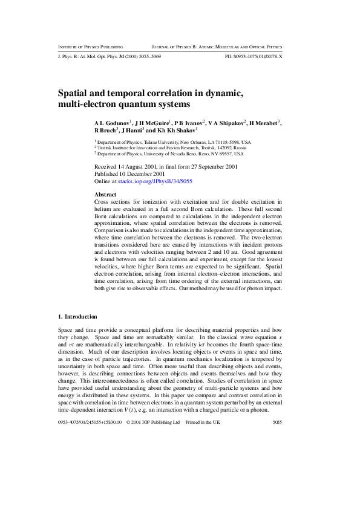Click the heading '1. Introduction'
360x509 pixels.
(x=76, y=316)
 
